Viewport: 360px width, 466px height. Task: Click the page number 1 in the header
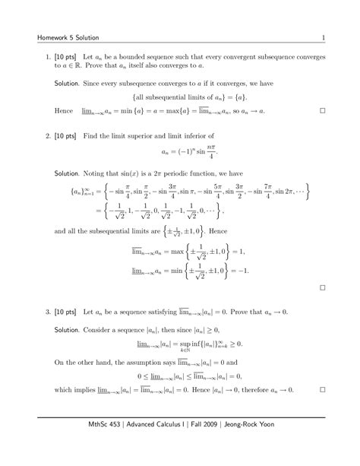pos(324,38)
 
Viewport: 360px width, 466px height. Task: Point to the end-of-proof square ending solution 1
pos(323,111)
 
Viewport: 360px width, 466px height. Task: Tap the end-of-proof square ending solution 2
pos(323,288)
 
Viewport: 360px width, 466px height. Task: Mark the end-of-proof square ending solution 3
pos(323,390)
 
